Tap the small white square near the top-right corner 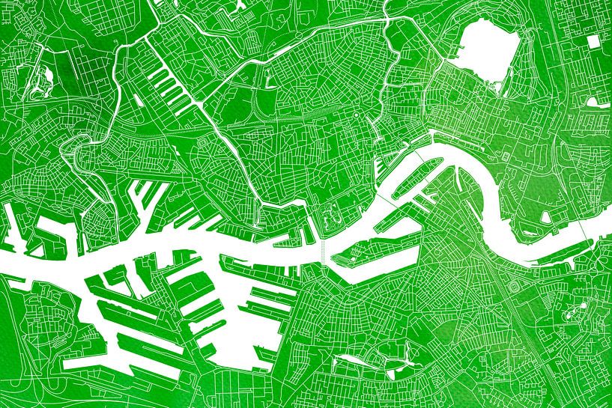pyautogui.click(x=598, y=43)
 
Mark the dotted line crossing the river pyautogui.click(x=323, y=252)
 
